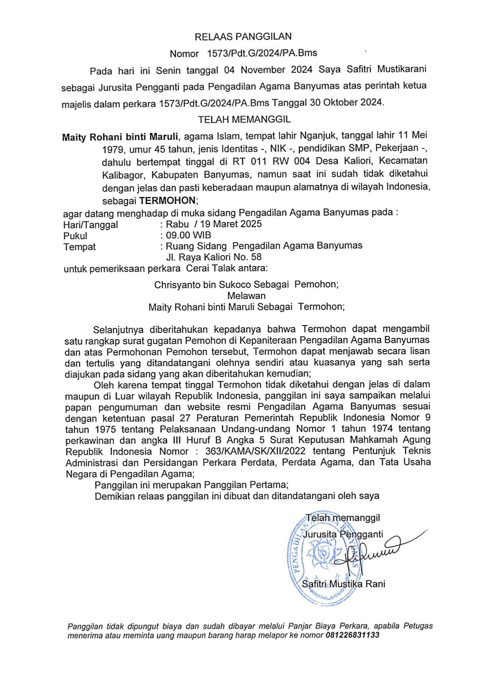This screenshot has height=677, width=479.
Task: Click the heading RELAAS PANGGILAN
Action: [243, 37]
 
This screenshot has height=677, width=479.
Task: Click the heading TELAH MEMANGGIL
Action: [244, 120]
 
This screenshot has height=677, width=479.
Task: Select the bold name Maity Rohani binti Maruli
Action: [120, 137]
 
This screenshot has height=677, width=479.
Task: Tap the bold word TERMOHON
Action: [168, 201]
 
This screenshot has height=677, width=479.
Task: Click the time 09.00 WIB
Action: [189, 235]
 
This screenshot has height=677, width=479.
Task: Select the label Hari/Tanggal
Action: [91, 225]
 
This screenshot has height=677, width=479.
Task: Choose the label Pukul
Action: [75, 236]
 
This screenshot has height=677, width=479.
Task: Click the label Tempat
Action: [80, 247]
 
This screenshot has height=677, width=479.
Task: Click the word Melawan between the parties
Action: [246, 296]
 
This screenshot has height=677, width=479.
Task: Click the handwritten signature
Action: [371, 552]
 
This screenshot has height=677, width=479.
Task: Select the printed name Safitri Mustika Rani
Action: [343, 584]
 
